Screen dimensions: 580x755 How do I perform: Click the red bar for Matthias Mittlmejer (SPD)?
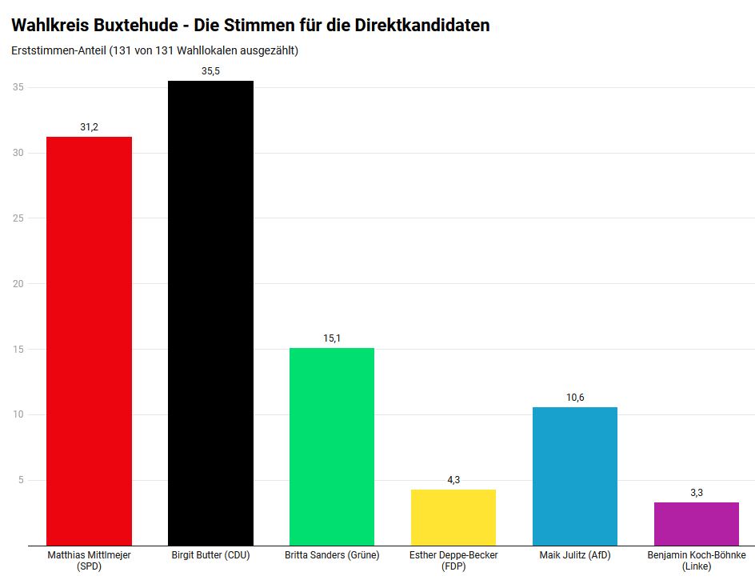point(89,341)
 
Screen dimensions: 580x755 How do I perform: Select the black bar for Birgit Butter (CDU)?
point(210,313)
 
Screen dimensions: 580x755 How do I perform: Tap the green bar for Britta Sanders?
point(332,446)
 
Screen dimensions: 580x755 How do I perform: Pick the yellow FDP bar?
point(453,517)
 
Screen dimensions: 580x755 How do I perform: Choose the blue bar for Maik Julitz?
point(575,476)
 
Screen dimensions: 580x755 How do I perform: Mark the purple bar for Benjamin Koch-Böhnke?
point(697,523)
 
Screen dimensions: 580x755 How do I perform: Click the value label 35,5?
point(210,71)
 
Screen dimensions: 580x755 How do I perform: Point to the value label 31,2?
point(89,127)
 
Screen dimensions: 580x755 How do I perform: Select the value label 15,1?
point(332,338)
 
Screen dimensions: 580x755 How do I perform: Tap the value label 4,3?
point(453,480)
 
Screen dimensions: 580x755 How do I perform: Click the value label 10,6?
point(575,398)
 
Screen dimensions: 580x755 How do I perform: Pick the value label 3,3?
point(697,493)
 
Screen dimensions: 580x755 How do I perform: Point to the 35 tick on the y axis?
point(17,87)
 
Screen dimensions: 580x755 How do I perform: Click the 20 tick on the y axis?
point(17,284)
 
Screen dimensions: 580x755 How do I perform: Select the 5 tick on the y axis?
point(19,480)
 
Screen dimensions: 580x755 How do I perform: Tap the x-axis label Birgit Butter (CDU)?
point(210,555)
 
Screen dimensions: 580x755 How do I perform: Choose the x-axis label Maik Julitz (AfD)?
point(575,555)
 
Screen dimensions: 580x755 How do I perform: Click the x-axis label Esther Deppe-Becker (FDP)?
point(453,560)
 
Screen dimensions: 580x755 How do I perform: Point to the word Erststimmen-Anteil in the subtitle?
point(58,51)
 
